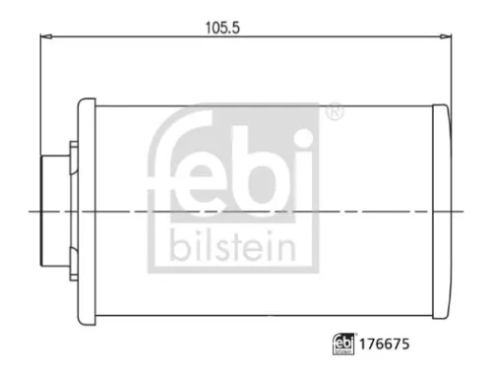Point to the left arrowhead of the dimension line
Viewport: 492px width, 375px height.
click(x=44, y=37)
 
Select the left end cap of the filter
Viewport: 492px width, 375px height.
click(x=88, y=211)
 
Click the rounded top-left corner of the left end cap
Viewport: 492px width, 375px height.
click(x=83, y=101)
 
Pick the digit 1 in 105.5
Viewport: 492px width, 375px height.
click(x=208, y=28)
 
